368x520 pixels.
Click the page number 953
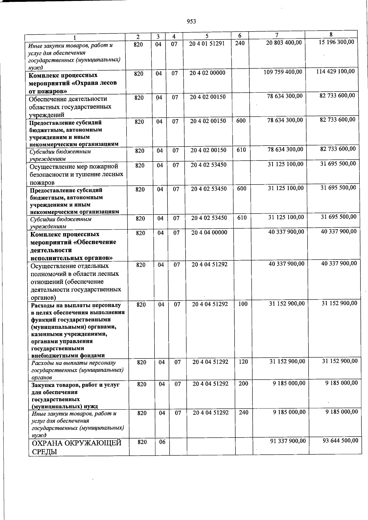[191, 21]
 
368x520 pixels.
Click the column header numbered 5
[207, 36]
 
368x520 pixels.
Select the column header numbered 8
[331, 35]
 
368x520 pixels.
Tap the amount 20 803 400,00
[284, 43]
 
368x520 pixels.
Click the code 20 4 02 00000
[207, 73]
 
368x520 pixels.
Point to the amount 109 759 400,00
[283, 72]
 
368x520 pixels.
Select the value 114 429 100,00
[335, 71]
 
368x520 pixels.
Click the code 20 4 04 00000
[209, 233]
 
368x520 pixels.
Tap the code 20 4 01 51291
[207, 44]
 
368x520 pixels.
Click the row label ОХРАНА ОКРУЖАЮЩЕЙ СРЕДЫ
[76, 447]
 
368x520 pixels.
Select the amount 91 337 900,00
[288, 441]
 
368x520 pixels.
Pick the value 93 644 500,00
[340, 440]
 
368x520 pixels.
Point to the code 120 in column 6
[243, 362]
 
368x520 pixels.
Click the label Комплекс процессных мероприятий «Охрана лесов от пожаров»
[73, 83]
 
